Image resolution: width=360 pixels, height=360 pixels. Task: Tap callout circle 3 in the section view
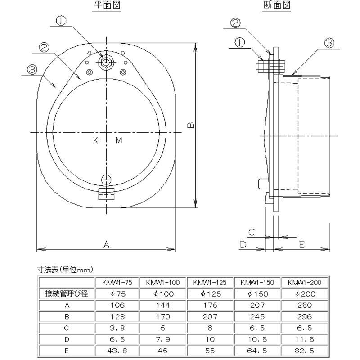329,43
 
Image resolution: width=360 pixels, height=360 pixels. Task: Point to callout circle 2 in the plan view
44,47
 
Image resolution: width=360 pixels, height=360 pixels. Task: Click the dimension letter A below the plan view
107,244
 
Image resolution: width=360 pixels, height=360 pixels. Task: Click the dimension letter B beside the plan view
191,125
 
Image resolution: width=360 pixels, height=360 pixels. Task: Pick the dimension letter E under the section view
302,244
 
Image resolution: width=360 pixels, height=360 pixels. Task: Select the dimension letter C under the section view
252,232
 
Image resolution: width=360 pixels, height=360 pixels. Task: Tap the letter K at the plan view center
95,140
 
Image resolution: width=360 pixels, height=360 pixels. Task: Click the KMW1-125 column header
210,283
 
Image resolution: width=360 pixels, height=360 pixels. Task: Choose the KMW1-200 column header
304,283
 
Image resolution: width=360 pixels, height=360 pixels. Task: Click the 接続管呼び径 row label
66,294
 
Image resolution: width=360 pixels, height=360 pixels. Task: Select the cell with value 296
304,316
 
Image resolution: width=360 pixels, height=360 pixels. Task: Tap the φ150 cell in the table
257,294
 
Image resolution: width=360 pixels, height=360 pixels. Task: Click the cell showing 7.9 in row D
162,338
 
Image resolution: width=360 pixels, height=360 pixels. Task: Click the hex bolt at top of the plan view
106,62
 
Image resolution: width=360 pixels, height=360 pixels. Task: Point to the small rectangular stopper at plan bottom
106,194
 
